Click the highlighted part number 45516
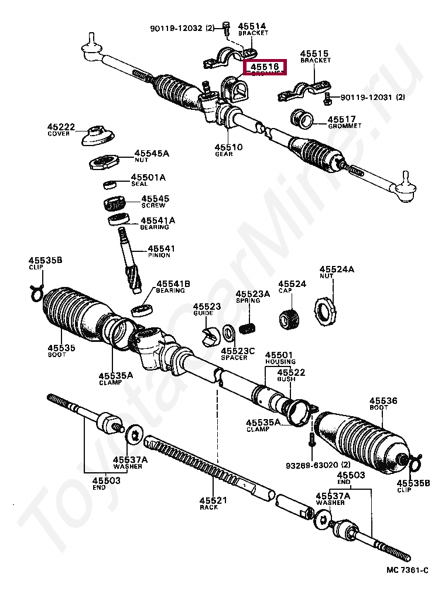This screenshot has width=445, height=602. pos(264,68)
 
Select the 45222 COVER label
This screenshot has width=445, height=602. pos(61,130)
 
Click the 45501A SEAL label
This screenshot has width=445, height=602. pos(148,180)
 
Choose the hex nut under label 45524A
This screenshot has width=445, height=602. pos(324,310)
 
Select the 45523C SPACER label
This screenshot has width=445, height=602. pos(238,354)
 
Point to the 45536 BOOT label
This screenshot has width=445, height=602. pos(383,404)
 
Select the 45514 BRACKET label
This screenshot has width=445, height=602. pos(252,29)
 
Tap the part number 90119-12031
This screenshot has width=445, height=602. pos(367,98)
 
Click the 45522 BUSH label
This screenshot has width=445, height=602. pos(291,375)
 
